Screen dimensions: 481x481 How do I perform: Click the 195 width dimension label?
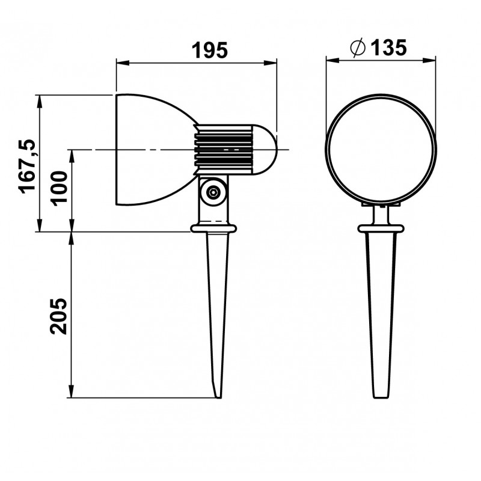pyautogui.click(x=210, y=50)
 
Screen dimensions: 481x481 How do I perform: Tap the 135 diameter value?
pyautogui.click(x=388, y=47)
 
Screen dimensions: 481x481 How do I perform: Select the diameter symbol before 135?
pyautogui.click(x=358, y=47)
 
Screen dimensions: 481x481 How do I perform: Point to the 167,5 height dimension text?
pyautogui.click(x=28, y=167)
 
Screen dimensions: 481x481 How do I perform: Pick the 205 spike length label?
pyautogui.click(x=59, y=316)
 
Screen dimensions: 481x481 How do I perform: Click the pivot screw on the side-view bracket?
pyautogui.click(x=213, y=192)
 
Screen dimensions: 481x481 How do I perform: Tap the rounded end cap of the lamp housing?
pyautogui.click(x=265, y=150)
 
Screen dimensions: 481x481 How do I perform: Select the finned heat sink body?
pyautogui.click(x=224, y=150)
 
